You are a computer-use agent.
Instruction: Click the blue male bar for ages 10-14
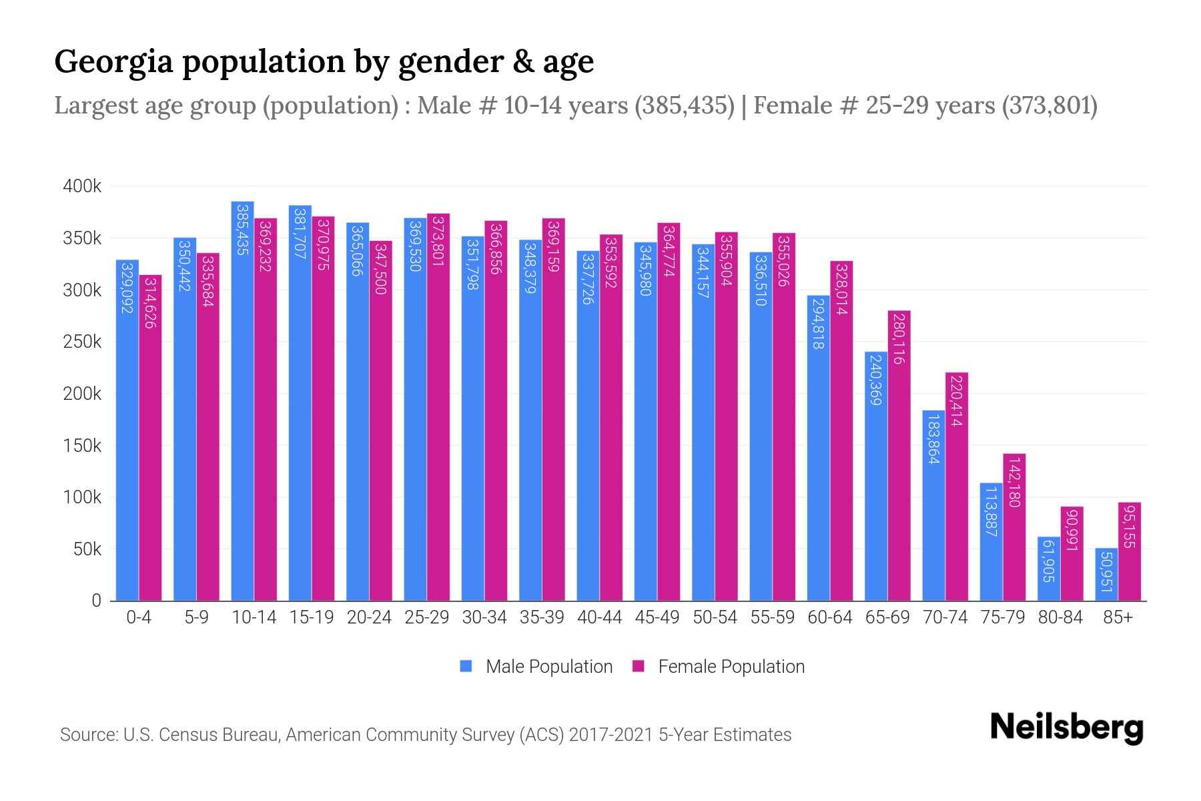point(242,400)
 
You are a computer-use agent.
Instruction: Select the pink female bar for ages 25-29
point(438,407)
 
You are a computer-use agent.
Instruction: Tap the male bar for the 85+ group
point(1106,575)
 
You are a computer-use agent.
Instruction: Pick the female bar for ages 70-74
point(957,487)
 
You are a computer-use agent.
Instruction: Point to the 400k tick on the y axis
point(82,186)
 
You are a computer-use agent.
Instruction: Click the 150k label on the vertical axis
point(82,445)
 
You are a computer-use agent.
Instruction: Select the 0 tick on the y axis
point(96,601)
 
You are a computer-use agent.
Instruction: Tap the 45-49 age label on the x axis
point(657,617)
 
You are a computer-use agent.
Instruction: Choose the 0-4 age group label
point(139,617)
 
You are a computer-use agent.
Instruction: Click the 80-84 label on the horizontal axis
point(1060,617)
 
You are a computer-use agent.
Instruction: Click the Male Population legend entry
point(548,667)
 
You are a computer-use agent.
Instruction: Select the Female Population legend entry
point(731,667)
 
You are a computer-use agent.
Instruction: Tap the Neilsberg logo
point(1066,728)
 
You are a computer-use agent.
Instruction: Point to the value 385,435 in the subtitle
point(684,105)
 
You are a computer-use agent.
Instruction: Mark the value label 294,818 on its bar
point(818,324)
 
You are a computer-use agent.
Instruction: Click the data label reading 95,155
point(1129,527)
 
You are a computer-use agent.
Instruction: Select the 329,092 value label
point(127,288)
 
